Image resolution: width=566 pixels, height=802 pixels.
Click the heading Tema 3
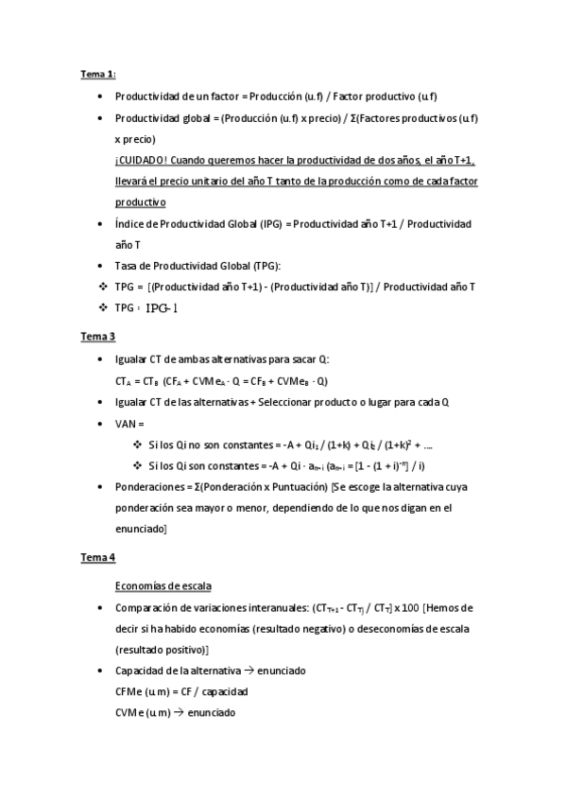(97, 336)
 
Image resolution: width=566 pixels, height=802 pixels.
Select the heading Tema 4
(97, 558)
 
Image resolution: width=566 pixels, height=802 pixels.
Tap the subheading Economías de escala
(163, 585)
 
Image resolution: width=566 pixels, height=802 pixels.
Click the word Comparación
(146, 607)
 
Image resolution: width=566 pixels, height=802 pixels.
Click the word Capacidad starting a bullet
(139, 671)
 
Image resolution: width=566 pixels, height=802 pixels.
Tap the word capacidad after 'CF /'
(226, 691)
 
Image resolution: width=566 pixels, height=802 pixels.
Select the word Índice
(129, 224)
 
